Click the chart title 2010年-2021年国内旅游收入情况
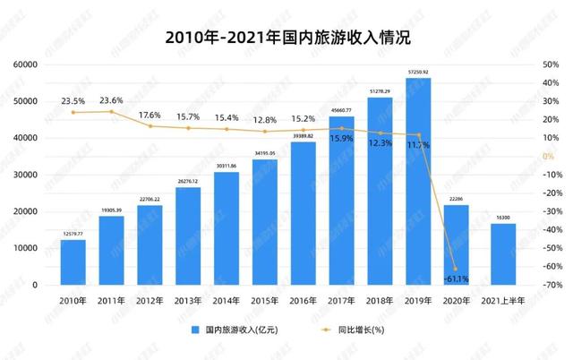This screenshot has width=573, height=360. click(x=286, y=37)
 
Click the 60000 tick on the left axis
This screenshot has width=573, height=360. click(x=24, y=64)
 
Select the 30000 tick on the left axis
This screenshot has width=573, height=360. click(x=24, y=175)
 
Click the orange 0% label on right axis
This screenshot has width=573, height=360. click(x=548, y=157)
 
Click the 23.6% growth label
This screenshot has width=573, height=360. click(x=112, y=101)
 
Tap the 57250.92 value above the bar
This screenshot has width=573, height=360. click(x=418, y=71)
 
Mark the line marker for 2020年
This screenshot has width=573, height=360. click(x=457, y=269)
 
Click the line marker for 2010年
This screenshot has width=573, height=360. click(x=73, y=112)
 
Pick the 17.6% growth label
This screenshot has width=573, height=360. click(x=150, y=116)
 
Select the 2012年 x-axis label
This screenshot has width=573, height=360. click(x=150, y=302)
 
